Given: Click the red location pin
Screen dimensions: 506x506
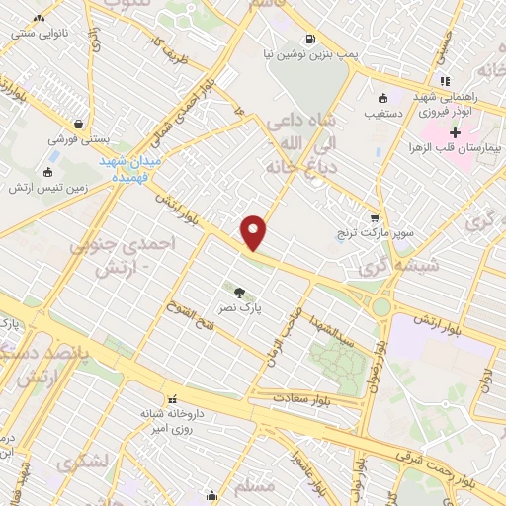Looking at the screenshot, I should click(x=254, y=231).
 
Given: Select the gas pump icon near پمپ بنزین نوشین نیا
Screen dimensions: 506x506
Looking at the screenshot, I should click(x=310, y=41).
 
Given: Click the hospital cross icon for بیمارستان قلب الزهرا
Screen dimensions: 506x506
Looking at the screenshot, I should click(x=455, y=132).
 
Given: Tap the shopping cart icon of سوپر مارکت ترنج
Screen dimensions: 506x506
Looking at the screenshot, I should click(x=374, y=218).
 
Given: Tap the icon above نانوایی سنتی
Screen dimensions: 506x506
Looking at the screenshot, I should click(x=40, y=19).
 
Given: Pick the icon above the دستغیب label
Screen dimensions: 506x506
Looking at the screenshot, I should click(x=381, y=97).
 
